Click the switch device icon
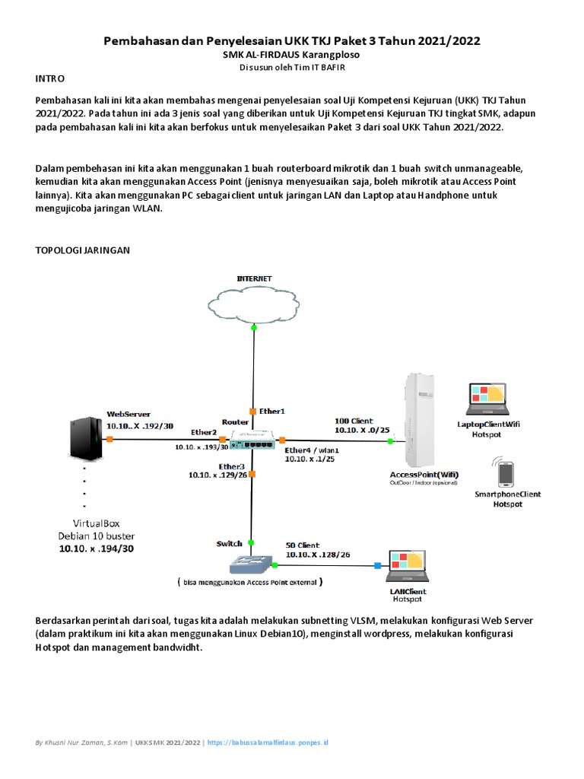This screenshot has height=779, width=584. [x=250, y=563]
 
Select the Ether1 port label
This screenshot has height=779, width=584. [x=271, y=411]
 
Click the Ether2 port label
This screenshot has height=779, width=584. [x=204, y=432]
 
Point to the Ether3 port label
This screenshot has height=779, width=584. [x=232, y=466]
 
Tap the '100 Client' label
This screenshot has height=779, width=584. [x=354, y=420]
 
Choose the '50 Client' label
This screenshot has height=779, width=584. [x=303, y=545]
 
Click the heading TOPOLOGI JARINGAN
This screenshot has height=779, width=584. [x=84, y=250]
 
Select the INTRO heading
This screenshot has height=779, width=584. [x=50, y=78]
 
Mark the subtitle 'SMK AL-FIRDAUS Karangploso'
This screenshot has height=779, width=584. [x=292, y=55]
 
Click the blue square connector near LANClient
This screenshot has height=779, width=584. [x=377, y=565]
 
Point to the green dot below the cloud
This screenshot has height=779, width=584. [x=252, y=327]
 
